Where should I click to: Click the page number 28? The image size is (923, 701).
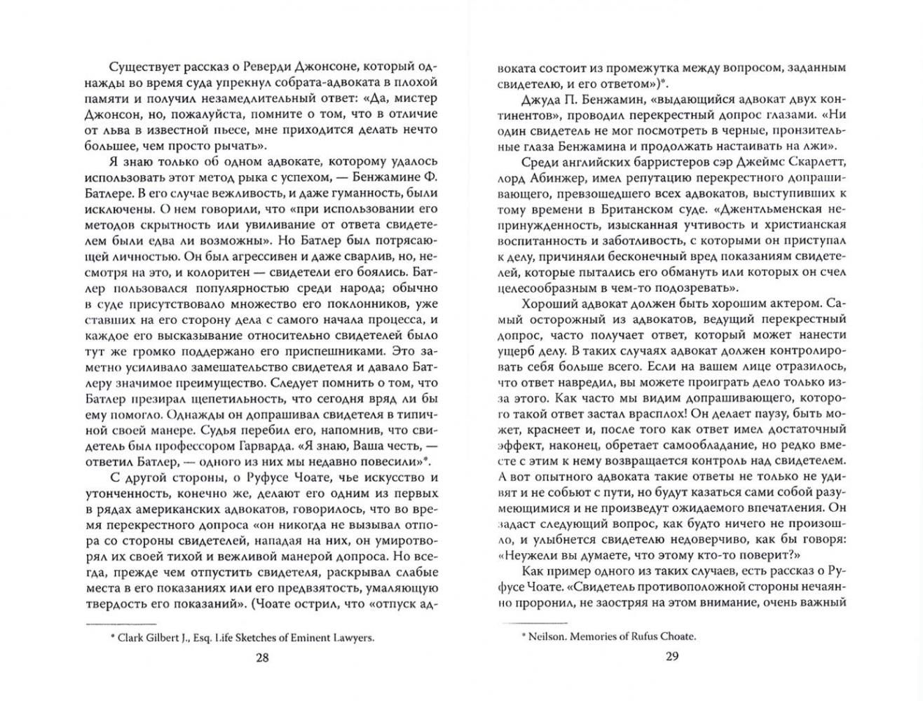(x=262, y=657)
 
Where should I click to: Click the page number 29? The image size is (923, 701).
(x=671, y=657)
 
